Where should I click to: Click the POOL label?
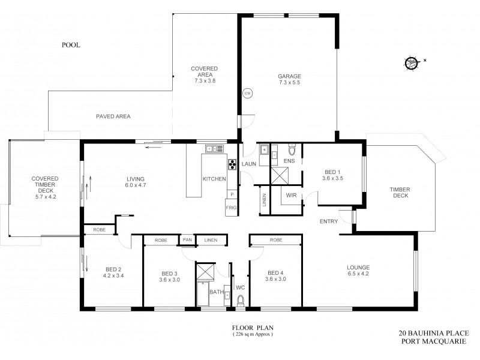coord(71,45)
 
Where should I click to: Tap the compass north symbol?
coord(412,62)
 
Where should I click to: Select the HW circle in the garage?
coord(247,94)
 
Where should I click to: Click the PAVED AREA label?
coord(113,116)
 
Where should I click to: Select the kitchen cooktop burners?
coord(232,165)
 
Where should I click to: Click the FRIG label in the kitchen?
coord(231,208)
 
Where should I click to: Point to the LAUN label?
coord(249,164)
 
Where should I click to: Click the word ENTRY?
coord(328,221)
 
